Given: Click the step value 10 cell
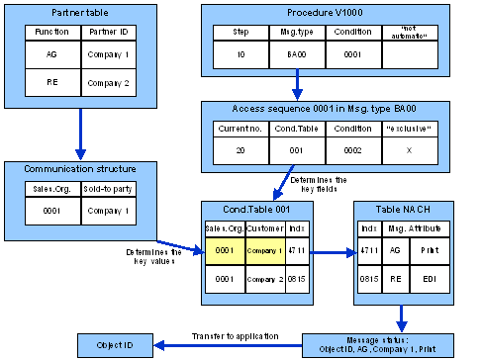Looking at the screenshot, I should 240,56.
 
